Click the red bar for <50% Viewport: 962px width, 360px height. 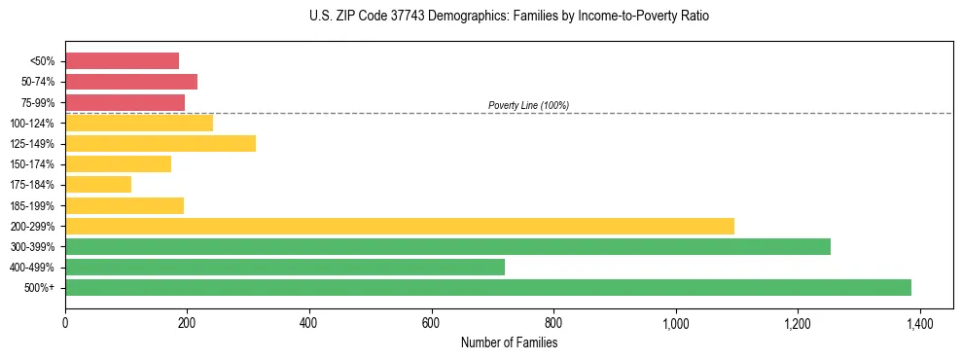coord(123,61)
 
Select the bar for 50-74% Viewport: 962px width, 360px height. coord(131,82)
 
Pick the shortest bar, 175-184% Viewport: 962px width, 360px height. coord(98,185)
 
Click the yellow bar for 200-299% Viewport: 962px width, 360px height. coord(400,226)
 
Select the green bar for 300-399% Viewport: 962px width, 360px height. coord(447,247)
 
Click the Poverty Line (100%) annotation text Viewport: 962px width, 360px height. coord(528,105)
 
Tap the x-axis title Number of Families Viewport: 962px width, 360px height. coord(509,342)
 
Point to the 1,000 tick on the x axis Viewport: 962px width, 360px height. coord(675,324)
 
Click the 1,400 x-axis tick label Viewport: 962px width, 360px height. coord(919,324)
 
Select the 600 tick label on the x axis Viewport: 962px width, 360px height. coord(431,324)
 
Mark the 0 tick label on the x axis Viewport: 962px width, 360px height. coord(65,324)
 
